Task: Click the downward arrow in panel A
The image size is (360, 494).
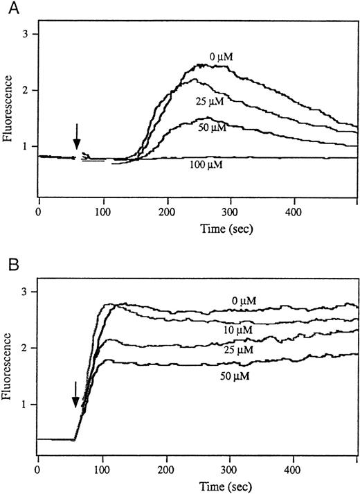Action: [77, 136]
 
